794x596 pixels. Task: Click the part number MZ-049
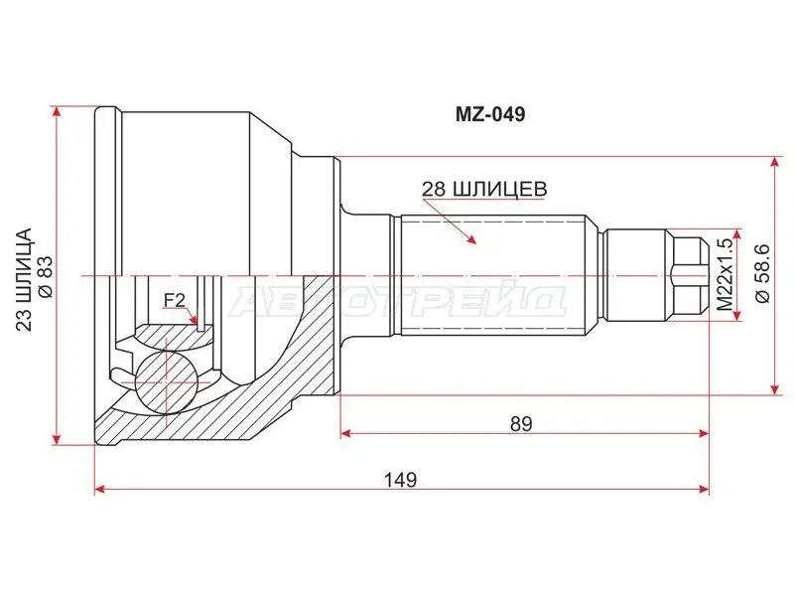490,114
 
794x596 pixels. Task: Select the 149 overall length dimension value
400,479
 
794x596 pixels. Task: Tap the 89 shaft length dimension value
522,424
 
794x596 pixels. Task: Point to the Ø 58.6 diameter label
763,274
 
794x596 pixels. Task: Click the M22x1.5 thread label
726,275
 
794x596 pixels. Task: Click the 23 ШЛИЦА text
24,279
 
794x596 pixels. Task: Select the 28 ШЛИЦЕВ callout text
484,189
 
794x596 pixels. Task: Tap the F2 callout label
175,301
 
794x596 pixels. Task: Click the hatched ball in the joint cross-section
165,381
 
